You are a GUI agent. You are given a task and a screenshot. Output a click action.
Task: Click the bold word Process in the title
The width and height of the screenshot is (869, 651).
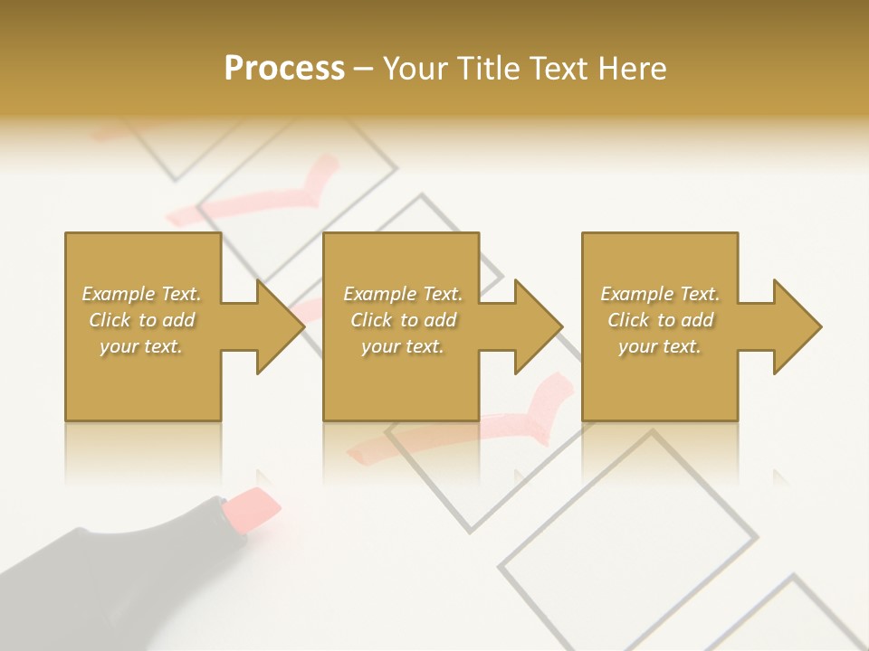284,69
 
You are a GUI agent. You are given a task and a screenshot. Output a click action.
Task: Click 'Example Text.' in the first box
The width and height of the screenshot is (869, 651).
141,294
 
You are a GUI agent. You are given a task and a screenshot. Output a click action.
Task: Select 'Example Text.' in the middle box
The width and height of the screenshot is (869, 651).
403,294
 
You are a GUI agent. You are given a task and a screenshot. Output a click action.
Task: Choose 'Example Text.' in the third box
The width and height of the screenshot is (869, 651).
660,294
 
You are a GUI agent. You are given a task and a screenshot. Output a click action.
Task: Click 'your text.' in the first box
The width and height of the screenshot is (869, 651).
141,346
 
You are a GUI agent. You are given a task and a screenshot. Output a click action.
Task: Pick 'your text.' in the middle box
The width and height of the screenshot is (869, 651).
403,346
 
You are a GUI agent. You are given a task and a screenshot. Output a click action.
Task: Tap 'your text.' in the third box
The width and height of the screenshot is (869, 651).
660,346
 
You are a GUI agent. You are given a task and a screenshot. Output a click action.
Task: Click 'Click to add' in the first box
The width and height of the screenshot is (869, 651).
141,320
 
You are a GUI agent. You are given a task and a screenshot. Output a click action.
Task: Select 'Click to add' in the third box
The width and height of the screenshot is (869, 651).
660,320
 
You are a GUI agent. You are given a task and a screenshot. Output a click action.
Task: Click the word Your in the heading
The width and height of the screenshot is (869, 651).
415,69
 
